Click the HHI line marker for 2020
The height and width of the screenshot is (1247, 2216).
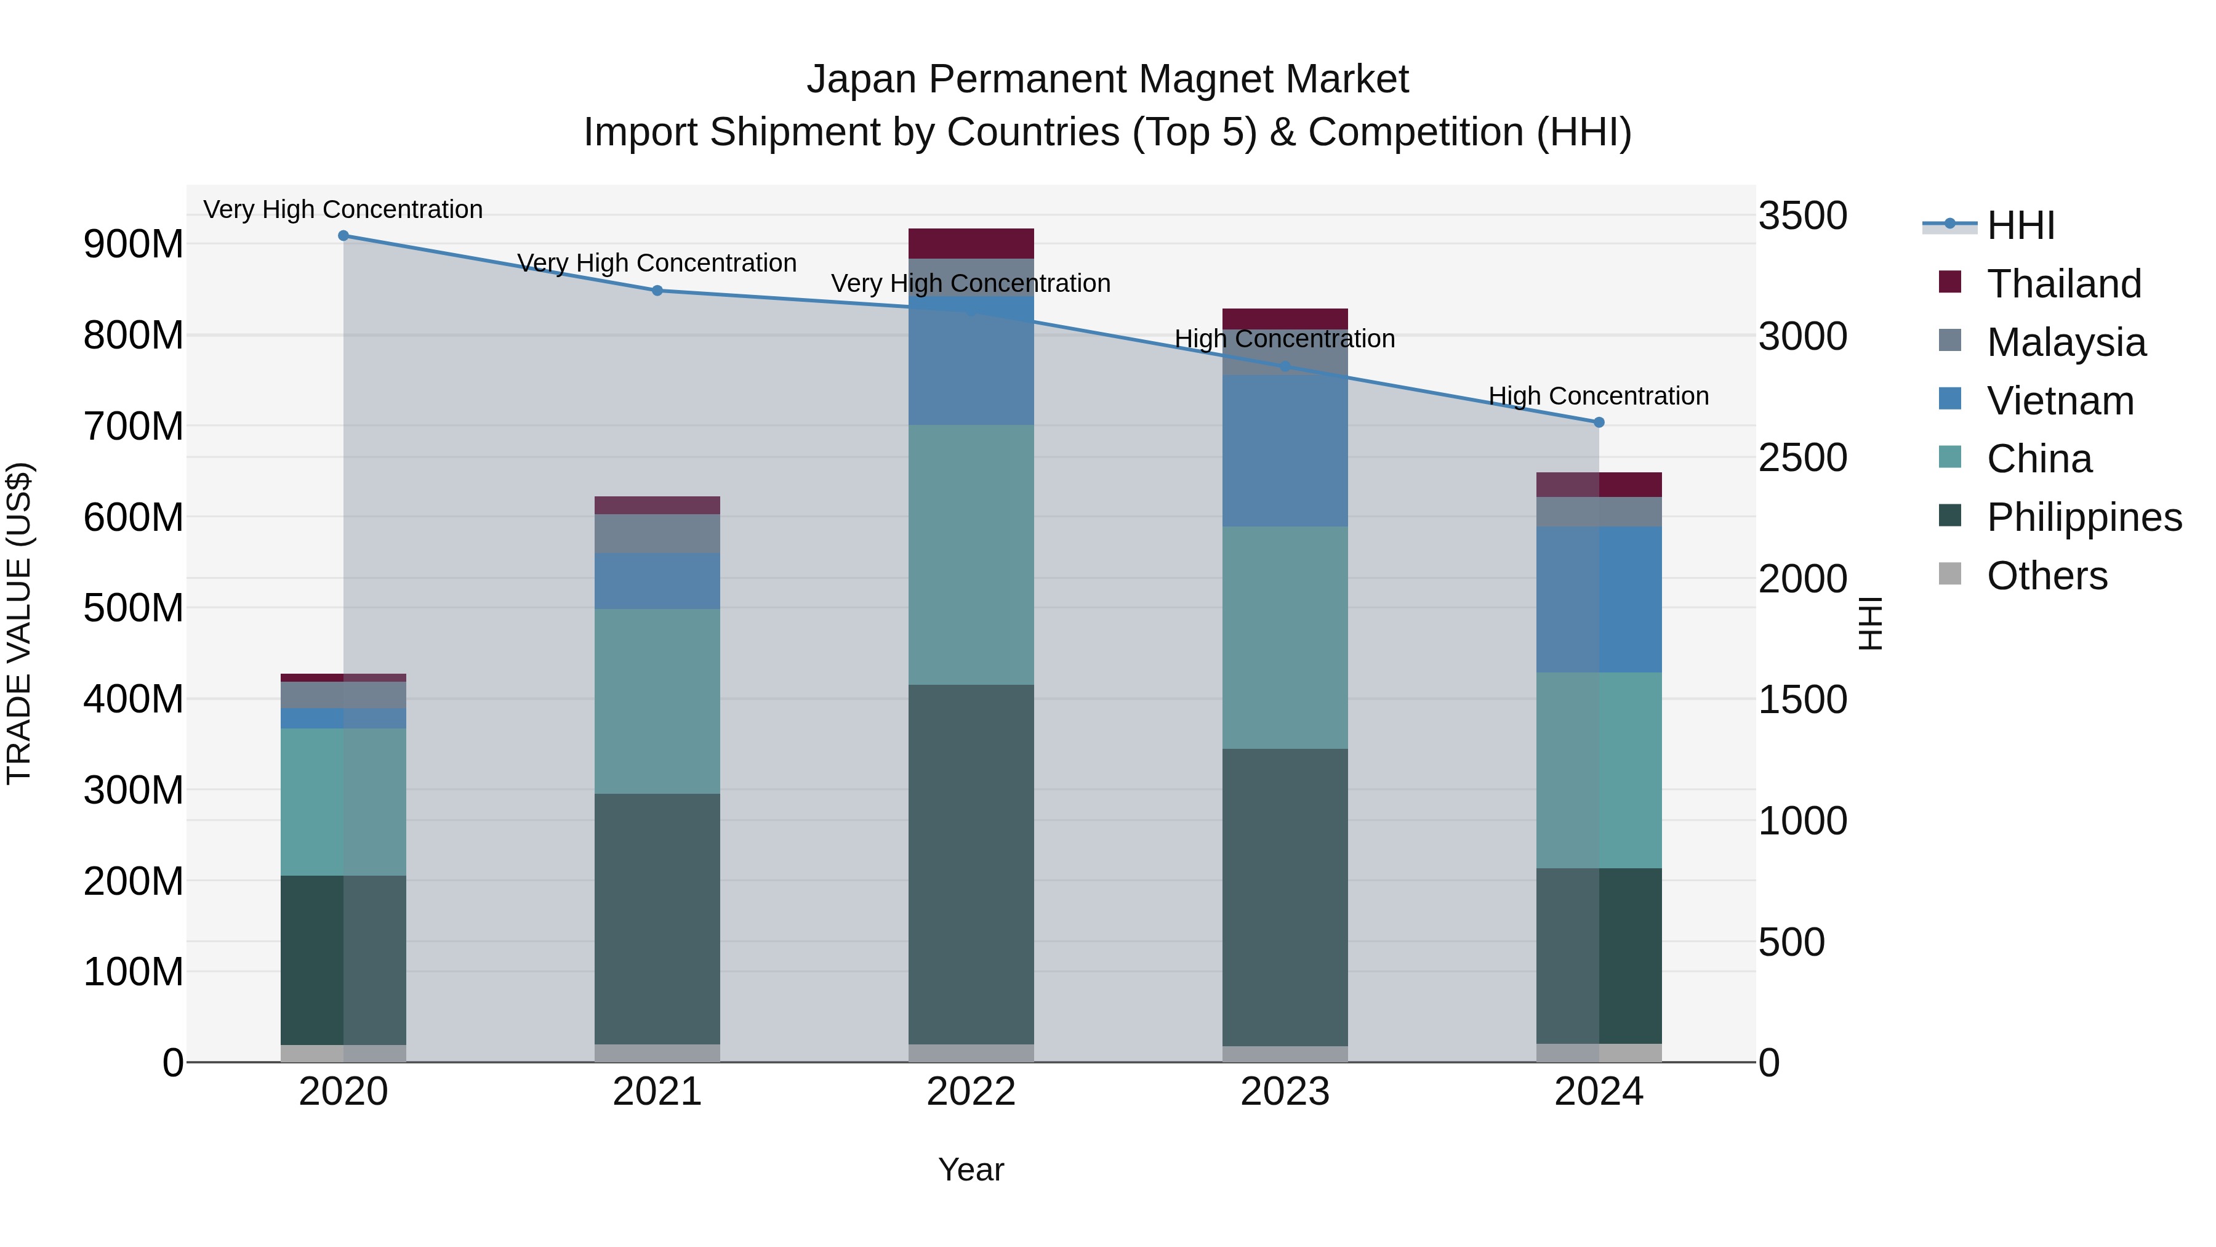[343, 235]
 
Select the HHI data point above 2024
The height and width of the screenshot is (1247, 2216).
[1599, 422]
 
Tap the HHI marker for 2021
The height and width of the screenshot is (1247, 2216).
[657, 290]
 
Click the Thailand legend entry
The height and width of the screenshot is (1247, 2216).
[2063, 283]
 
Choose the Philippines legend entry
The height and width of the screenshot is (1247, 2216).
[2084, 517]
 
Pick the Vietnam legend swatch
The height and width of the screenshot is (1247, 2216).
[1950, 399]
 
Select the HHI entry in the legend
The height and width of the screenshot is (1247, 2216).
[2020, 225]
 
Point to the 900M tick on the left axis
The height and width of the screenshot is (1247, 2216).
[134, 244]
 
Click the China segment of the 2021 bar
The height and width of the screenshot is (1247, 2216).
[657, 701]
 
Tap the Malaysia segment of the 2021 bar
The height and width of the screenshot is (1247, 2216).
[657, 533]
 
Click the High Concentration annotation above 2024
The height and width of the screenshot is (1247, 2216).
[1599, 396]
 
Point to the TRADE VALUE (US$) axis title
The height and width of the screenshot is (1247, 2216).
[19, 623]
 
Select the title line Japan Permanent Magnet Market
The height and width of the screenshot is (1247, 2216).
[1107, 79]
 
